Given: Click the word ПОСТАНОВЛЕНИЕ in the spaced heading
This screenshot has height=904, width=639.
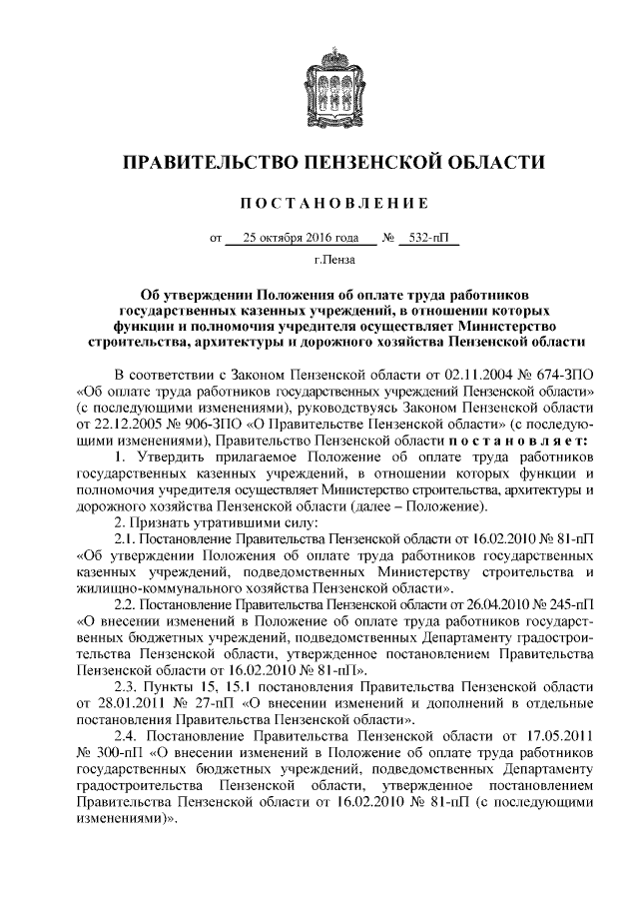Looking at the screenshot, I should [319, 204].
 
